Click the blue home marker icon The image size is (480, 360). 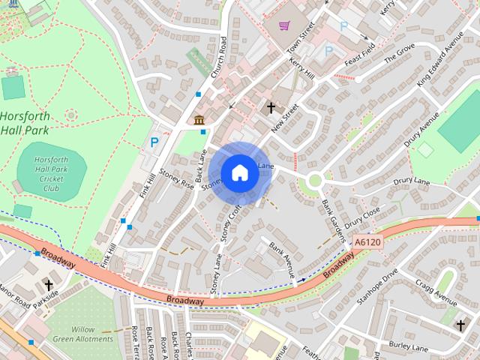point(239,172)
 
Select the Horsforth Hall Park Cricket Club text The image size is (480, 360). point(51,173)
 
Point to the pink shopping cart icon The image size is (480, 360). point(284,26)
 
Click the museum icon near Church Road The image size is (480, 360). point(199,120)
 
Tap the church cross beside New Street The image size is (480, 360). point(271,108)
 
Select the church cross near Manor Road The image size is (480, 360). point(49,285)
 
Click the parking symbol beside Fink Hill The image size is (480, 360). point(154,142)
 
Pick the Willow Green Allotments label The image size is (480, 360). point(93,334)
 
